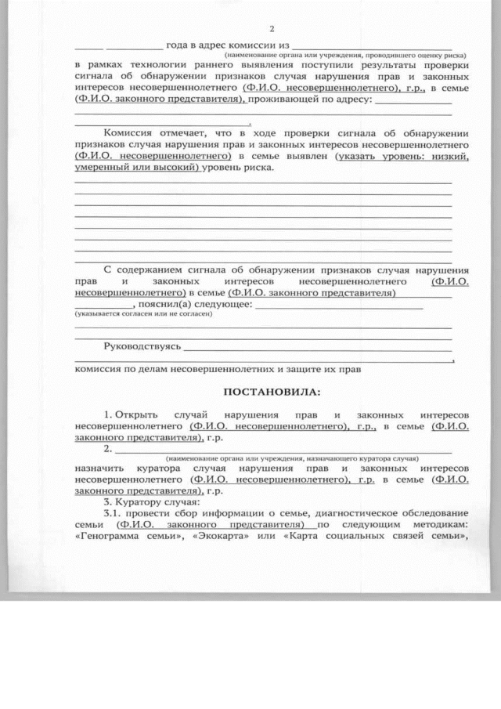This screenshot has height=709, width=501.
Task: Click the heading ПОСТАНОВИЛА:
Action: pyautogui.click(x=272, y=391)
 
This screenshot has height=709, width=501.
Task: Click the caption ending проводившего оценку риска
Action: pyautogui.click(x=345, y=56)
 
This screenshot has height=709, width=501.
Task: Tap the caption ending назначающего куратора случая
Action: pyautogui.click(x=291, y=458)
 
